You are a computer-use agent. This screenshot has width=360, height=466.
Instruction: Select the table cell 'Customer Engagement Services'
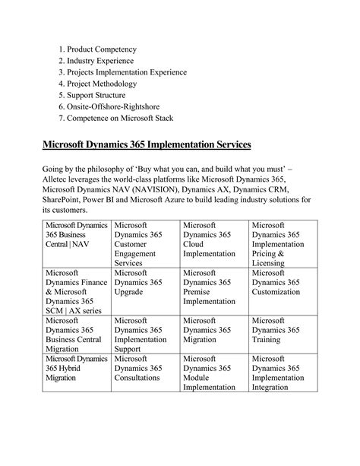click(x=144, y=243)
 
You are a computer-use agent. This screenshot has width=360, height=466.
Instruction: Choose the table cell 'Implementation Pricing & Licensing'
click(x=283, y=243)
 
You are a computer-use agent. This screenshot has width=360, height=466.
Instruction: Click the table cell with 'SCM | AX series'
click(x=76, y=290)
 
